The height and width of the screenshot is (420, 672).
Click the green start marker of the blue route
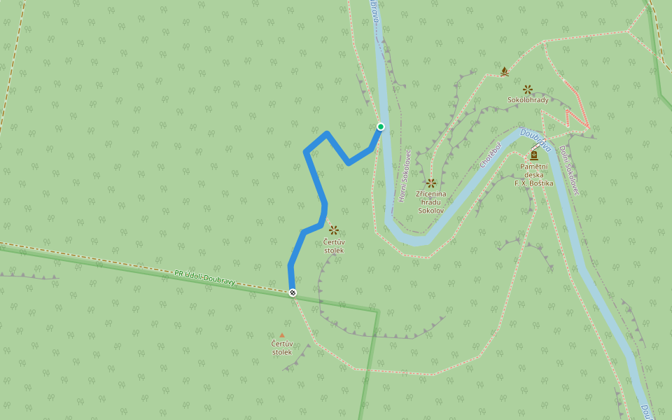coord(381,127)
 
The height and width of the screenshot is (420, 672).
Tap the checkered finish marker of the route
coord(293,293)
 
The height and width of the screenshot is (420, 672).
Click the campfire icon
coord(504,71)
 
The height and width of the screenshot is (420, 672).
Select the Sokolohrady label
coord(528,100)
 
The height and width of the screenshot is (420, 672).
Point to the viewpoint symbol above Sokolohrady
coord(528,90)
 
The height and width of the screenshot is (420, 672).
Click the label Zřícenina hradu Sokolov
coord(431,201)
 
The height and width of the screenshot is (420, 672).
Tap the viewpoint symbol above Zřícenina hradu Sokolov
coord(431,183)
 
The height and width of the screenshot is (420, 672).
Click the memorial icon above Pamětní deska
coord(534,155)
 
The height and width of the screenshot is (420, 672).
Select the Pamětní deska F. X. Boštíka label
coord(534,175)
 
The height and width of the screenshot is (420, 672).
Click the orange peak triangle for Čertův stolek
coord(282,335)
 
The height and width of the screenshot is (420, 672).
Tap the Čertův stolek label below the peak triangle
coord(282,348)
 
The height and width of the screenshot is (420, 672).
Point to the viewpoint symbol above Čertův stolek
coord(334,230)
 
